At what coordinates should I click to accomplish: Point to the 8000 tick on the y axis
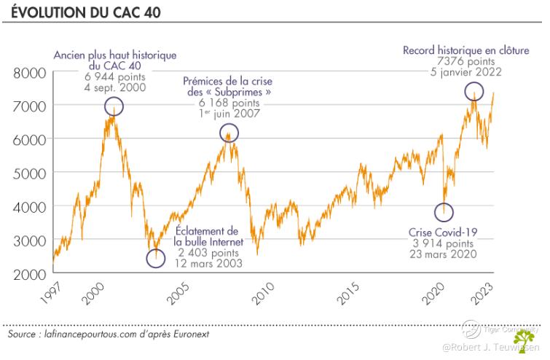click(x=30, y=74)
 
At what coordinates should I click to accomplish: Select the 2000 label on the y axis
click(x=30, y=274)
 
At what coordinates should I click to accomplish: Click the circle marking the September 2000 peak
click(x=114, y=106)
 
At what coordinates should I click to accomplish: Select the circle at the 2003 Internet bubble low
click(x=155, y=258)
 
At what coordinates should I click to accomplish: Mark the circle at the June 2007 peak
click(x=229, y=133)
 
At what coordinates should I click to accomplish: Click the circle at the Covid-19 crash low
click(x=444, y=212)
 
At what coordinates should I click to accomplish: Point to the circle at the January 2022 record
click(x=474, y=91)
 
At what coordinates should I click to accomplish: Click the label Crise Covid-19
click(x=442, y=232)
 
